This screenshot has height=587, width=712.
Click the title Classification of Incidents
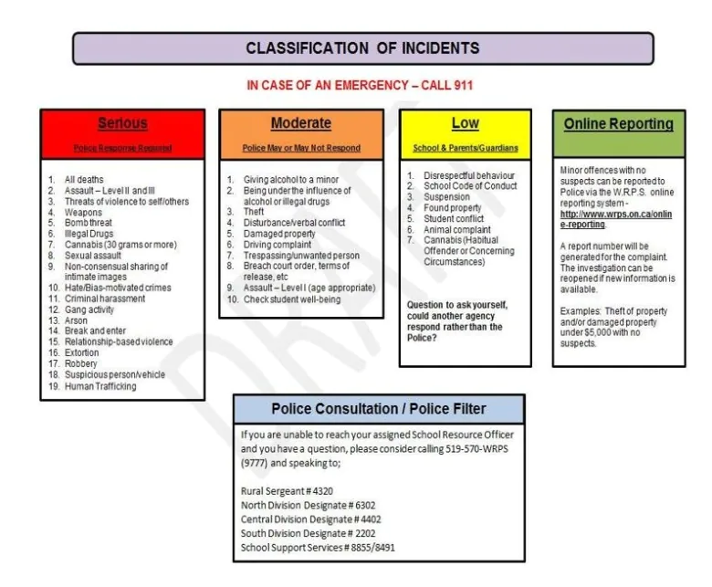tap(362, 48)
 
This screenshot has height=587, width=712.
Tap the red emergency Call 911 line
tap(360, 85)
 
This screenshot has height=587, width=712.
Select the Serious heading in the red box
tap(122, 124)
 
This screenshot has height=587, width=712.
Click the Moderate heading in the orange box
tap(300, 124)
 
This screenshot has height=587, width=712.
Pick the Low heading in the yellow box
tap(465, 124)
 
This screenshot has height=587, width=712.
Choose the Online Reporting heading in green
tap(618, 124)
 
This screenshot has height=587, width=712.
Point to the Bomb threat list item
tap(88, 223)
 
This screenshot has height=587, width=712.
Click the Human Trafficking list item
tap(99, 386)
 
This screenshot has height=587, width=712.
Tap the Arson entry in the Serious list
tap(76, 320)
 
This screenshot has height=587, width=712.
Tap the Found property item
tap(453, 208)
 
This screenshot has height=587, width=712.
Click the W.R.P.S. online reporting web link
tap(615, 219)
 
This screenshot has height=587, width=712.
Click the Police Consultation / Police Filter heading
tap(378, 409)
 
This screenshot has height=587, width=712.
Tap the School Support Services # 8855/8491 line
tap(318, 547)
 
